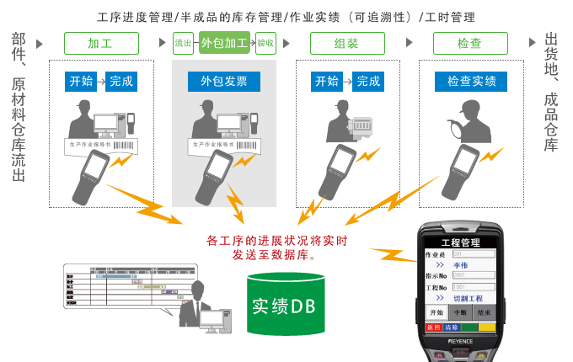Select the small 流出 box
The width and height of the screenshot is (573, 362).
pos(183,43)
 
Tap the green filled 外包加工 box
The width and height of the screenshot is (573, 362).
pos(224,43)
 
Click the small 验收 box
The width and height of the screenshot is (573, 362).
pos(265,43)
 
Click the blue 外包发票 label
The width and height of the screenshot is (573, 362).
pos(224,82)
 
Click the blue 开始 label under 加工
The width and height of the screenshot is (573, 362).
pos(81,82)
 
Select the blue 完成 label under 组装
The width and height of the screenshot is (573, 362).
pos(368,82)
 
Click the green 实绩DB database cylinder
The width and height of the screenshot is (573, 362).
pos(284,305)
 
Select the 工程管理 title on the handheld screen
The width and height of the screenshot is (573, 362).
pos(460,242)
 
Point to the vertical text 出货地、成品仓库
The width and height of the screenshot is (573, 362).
pos(551,93)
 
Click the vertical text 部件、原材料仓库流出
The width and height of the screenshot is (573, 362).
pos(19,107)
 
